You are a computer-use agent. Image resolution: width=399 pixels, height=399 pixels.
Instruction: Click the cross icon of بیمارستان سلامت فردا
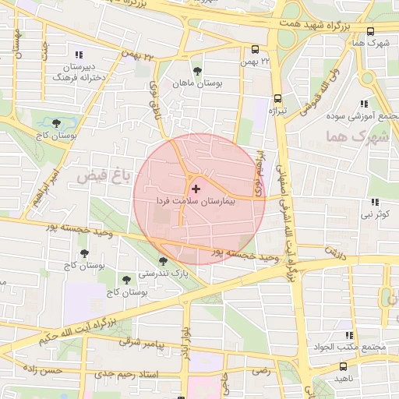click(195, 189)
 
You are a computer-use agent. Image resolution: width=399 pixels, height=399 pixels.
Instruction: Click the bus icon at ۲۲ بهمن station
click(254, 49)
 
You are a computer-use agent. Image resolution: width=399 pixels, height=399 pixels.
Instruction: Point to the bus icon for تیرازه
click(278, 99)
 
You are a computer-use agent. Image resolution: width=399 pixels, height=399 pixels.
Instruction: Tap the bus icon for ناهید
click(344, 366)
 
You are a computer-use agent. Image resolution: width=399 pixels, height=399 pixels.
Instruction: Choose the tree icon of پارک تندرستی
click(163, 262)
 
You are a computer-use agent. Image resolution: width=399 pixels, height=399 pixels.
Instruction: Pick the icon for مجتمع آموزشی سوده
click(362, 104)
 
